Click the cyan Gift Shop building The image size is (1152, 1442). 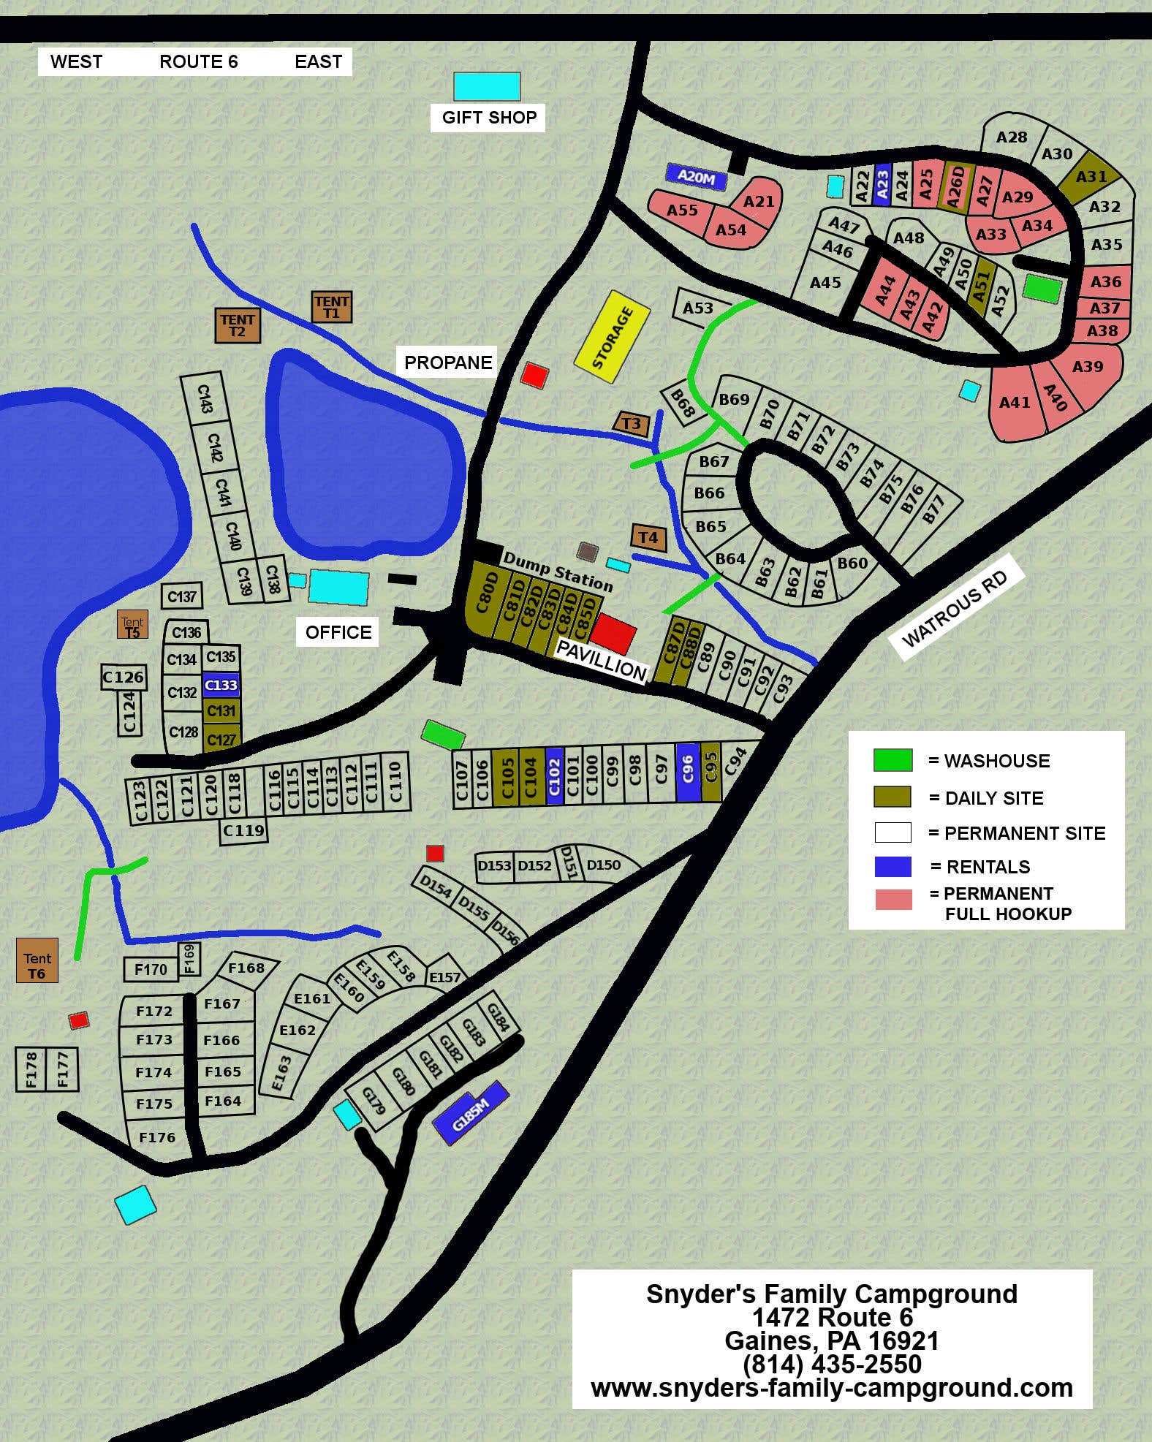(487, 86)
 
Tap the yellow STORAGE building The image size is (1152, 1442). (613, 337)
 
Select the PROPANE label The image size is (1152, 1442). (447, 363)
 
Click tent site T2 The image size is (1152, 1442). (238, 325)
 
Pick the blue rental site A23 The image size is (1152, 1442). (882, 185)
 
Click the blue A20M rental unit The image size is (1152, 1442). (696, 176)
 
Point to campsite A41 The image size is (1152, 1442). (1015, 402)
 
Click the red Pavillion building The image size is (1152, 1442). (613, 633)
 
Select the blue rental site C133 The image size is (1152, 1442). (221, 685)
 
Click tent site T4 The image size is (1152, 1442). (648, 538)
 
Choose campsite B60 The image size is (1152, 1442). (852, 563)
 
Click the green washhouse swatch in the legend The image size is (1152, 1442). (893, 760)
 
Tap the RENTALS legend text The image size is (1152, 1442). (988, 867)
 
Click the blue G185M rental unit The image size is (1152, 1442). (470, 1113)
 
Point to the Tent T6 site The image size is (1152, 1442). (37, 960)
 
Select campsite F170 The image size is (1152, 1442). (151, 969)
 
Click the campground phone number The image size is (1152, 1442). (832, 1364)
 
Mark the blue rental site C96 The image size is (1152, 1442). (687, 773)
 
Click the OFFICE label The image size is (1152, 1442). (338, 632)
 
